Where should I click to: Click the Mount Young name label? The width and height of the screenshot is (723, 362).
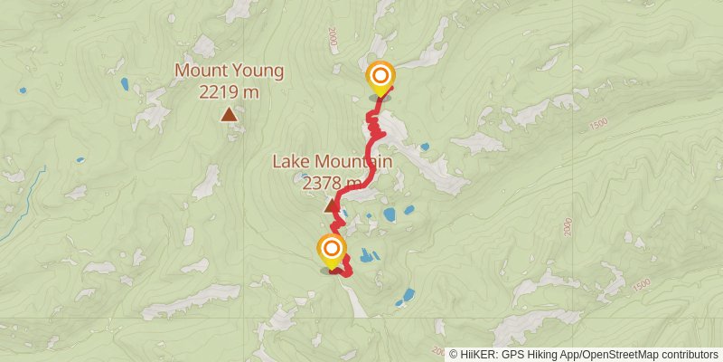(230, 70)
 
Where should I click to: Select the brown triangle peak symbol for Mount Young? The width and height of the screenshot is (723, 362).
(230, 115)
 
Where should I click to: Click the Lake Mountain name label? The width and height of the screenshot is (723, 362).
(333, 163)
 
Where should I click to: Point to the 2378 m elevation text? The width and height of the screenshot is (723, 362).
(333, 183)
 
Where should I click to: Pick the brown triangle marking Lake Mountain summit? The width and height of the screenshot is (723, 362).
(331, 206)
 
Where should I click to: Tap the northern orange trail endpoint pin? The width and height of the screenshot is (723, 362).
(380, 77)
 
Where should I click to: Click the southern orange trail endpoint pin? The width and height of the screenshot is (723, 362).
(332, 249)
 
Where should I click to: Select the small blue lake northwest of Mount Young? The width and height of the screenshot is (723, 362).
(125, 84)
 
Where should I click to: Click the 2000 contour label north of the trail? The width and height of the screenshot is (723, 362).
(333, 38)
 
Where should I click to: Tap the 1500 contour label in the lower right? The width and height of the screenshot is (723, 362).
(643, 285)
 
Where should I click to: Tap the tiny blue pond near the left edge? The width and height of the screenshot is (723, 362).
(22, 90)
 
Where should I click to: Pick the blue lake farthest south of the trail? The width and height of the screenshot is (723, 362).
(405, 296)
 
